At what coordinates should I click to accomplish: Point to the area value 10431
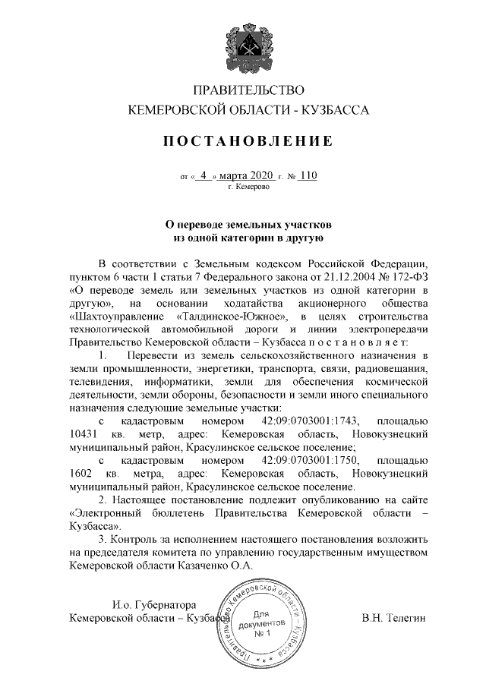[x=83, y=435]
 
